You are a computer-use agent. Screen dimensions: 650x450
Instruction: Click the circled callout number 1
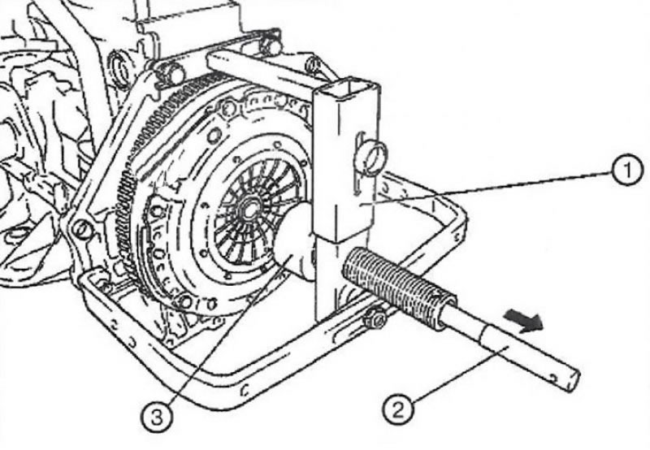tap(627, 171)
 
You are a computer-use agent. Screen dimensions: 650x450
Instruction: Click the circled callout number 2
tap(398, 410)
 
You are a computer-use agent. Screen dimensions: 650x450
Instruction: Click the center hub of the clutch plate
tap(249, 207)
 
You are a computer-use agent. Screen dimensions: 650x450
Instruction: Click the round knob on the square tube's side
tap(374, 156)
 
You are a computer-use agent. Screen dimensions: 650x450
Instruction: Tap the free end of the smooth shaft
tap(573, 380)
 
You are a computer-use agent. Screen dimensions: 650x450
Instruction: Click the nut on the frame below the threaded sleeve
tap(375, 318)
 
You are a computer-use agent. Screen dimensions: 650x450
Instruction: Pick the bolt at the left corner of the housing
tap(82, 229)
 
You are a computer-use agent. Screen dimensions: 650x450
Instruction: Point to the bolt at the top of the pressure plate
tap(228, 108)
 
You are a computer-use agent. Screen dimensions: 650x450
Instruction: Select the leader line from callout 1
tap(487, 188)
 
